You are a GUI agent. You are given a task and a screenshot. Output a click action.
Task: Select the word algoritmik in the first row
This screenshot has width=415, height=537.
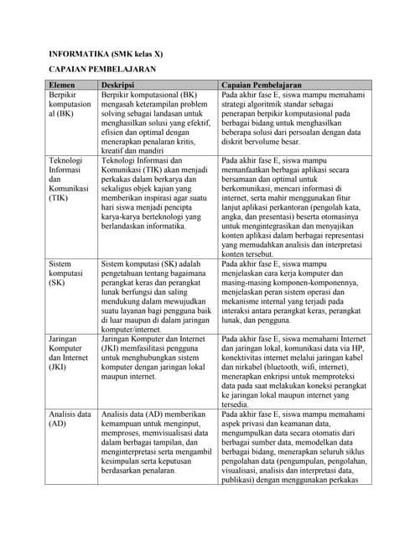pyautogui.click(x=283, y=107)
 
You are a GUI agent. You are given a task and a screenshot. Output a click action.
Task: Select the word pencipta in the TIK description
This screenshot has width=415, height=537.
pyautogui.click(x=183, y=205)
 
